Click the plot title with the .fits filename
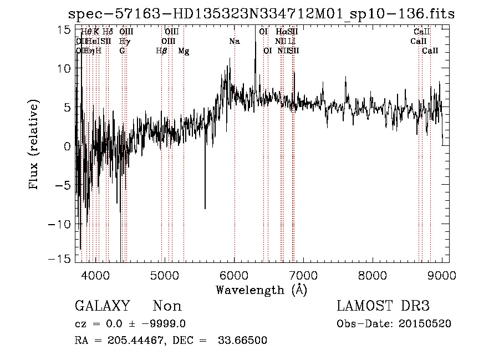261,14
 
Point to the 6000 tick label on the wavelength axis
235,275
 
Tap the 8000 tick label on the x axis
373,275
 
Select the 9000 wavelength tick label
442,275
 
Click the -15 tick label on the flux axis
59,259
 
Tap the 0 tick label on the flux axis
67,147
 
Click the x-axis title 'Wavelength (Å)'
261,290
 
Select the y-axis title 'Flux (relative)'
34,145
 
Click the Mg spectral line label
184,51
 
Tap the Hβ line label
162,51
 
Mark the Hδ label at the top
108,32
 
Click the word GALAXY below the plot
103,307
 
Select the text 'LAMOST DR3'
383,307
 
